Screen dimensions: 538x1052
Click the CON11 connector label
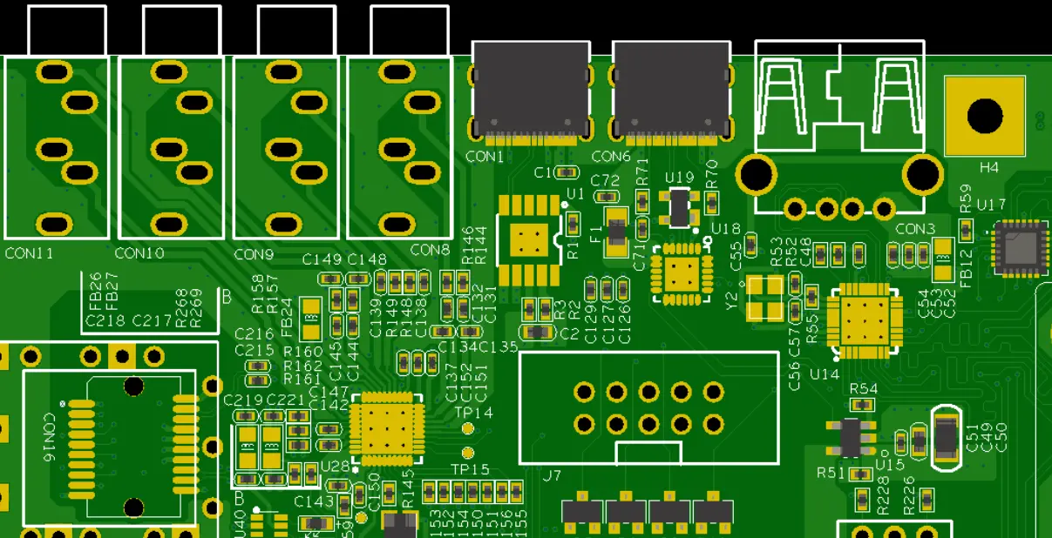pyautogui.click(x=29, y=253)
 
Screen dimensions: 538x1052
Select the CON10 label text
pyautogui.click(x=139, y=253)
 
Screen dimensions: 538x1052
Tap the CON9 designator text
pyautogui.click(x=254, y=255)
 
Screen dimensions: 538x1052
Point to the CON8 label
pyautogui.click(x=430, y=250)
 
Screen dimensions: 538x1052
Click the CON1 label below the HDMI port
pyautogui.click(x=485, y=157)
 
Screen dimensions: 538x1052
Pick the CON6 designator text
pyautogui.click(x=611, y=157)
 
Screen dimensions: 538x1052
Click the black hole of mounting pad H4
pyautogui.click(x=985, y=116)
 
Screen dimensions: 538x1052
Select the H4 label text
pyautogui.click(x=989, y=167)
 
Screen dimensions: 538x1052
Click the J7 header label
pyautogui.click(x=551, y=476)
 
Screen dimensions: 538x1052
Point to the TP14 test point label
pyautogui.click(x=473, y=413)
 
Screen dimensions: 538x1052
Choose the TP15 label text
pyautogui.click(x=470, y=469)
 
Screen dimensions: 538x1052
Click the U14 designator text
pyautogui.click(x=824, y=373)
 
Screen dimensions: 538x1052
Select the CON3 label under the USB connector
pyautogui.click(x=915, y=229)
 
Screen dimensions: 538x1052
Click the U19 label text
pyautogui.click(x=679, y=178)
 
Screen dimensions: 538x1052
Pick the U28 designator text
pyautogui.click(x=335, y=466)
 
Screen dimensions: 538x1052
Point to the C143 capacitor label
pyautogui.click(x=314, y=501)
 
